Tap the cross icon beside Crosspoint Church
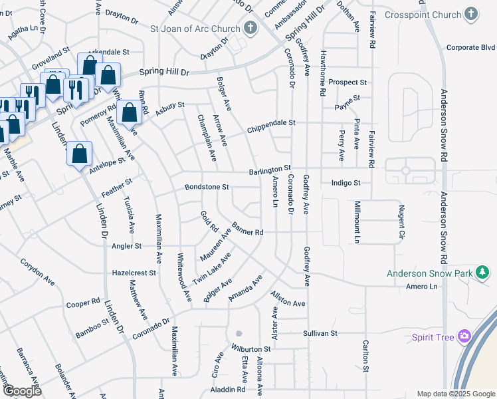point(471,14)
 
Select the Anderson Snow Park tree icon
point(483,273)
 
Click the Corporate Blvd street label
point(471,47)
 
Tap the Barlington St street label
point(270,171)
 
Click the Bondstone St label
point(207,188)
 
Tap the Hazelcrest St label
point(134,273)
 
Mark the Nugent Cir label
point(401,221)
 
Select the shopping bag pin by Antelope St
point(79,154)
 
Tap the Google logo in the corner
point(22,391)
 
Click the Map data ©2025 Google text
point(455,394)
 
